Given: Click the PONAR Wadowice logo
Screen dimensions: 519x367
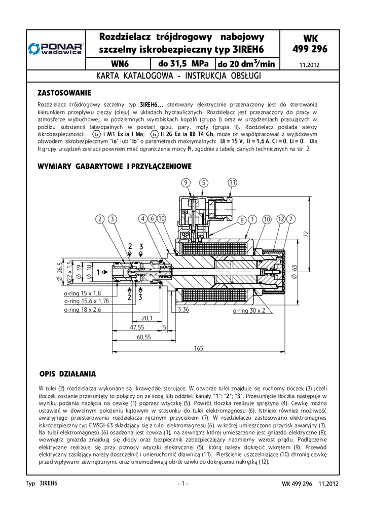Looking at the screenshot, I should pos(56,49).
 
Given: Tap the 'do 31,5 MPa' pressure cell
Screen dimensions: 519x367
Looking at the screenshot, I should pos(183,64).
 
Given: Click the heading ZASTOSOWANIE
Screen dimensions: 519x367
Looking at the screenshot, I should pos(64,93).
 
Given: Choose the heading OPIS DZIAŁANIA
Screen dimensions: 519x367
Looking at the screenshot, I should pos(67,374).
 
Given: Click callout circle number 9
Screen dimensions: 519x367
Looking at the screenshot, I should pos(186,182).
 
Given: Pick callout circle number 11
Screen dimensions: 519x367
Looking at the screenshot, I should pos(232,182).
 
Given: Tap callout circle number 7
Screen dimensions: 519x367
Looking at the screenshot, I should pos(290,219).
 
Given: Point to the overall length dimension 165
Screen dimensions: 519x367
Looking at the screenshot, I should pos(198,348).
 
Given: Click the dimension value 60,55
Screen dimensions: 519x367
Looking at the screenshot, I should pos(144,337).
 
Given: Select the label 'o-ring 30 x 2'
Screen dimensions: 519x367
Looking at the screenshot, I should pos(249,311).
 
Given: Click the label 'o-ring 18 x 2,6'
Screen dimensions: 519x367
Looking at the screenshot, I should pos(83,309).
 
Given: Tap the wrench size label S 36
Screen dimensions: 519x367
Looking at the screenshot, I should pos(183,309).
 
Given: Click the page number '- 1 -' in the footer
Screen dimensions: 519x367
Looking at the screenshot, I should pos(183,484).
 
